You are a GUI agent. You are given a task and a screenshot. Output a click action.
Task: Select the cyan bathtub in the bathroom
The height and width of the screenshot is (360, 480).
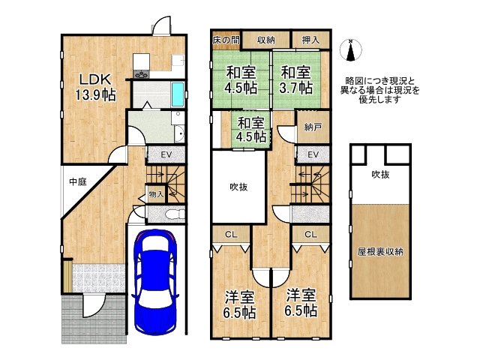[176, 95]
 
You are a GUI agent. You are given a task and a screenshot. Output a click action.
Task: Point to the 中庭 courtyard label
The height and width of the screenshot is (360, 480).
[78, 181]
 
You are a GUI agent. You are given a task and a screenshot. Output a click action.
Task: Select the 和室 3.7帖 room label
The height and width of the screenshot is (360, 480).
[296, 80]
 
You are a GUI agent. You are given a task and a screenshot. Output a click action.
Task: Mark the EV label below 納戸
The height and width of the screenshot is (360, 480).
[313, 154]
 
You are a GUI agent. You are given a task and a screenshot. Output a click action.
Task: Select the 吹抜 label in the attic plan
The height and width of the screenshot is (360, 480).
[380, 174]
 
